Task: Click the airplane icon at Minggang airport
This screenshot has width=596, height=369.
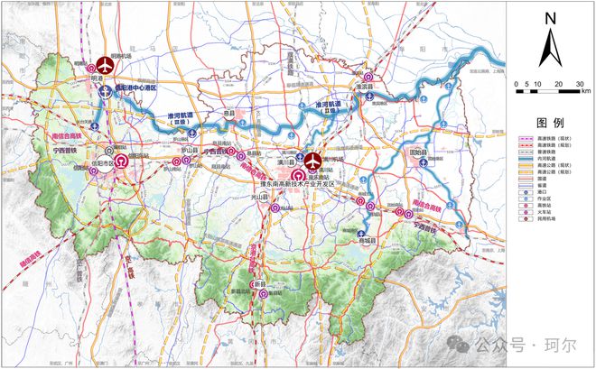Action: click(106, 65)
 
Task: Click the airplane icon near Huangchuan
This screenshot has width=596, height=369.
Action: click(312, 160)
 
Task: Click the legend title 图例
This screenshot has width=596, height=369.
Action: click(550, 121)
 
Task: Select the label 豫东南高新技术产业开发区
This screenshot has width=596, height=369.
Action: click(292, 183)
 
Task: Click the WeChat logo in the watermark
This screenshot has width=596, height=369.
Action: click(463, 345)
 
